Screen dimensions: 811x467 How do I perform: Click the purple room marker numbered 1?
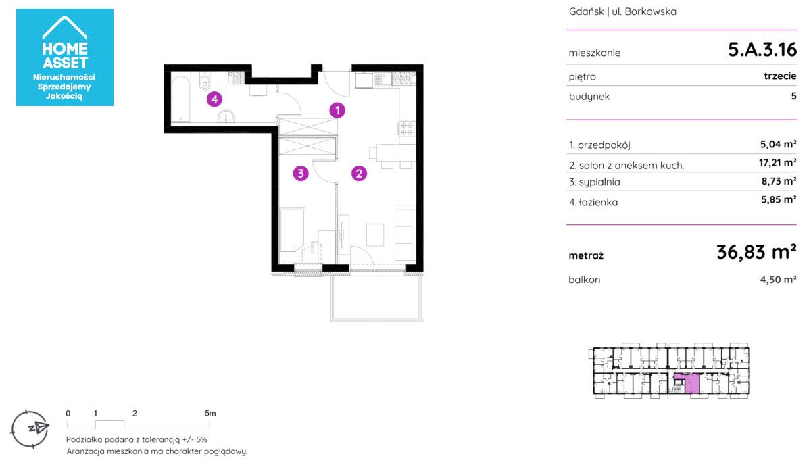coord(337,110)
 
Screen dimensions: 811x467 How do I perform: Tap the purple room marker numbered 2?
coord(359,174)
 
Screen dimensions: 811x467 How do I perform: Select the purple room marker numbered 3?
coord(301,174)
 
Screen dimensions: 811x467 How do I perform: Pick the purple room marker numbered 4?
coord(214,99)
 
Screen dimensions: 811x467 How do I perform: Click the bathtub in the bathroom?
coord(180,99)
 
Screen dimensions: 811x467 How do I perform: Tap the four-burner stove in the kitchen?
coord(407,129)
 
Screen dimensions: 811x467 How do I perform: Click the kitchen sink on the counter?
coord(383,78)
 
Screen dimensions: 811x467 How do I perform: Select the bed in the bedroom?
coord(292,235)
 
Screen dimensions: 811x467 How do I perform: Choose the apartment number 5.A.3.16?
coord(762,49)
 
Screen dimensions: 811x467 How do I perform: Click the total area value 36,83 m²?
coord(756,252)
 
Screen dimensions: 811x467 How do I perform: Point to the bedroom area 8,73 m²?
coord(779,181)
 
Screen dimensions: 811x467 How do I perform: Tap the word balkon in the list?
coord(585,280)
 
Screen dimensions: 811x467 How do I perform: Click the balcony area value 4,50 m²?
coord(778,280)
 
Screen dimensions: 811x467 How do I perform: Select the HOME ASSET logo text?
coord(65,55)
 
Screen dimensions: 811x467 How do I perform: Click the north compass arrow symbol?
coord(39,428)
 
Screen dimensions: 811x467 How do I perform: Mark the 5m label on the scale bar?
coord(210,413)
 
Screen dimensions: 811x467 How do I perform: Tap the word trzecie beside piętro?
coord(780,76)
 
